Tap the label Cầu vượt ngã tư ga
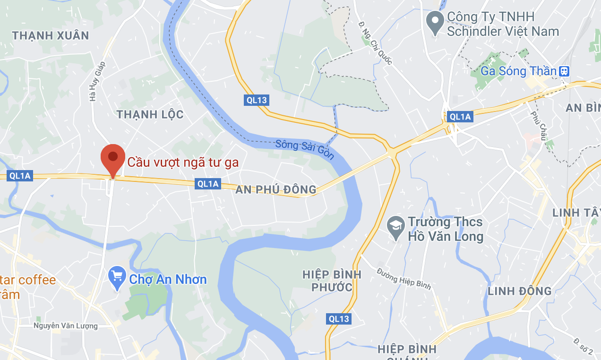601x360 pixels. pos(183,162)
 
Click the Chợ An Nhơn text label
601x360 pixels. pos(168,279)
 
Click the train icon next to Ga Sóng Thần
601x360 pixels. pos(564,71)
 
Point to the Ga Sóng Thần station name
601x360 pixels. pos(519,71)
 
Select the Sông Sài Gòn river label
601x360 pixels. pos(305,150)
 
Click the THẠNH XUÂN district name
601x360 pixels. pos(51,35)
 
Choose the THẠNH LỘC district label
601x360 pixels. pos(150,114)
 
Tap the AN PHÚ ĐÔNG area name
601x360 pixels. pos(276,190)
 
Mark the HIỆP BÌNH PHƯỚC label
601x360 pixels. pos(332,281)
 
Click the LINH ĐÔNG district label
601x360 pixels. pos(519,291)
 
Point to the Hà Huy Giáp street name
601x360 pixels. pos(96,84)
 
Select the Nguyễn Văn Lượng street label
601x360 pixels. pos(65,326)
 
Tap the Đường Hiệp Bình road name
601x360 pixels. pos(404,278)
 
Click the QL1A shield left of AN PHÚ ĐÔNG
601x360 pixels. pos(208,184)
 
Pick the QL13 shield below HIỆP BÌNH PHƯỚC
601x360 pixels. pos(339,319)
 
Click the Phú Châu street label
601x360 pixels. pos(538,126)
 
